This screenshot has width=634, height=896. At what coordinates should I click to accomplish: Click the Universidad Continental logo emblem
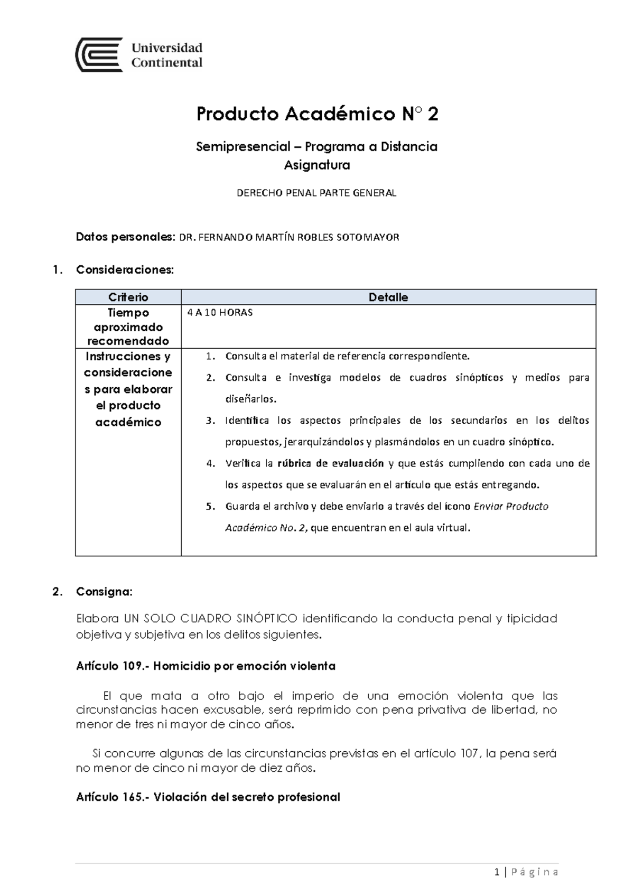tap(99, 54)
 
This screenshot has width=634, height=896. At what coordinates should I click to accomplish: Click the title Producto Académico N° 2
tap(317, 114)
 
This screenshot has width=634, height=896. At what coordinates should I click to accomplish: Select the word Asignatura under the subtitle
tap(317, 165)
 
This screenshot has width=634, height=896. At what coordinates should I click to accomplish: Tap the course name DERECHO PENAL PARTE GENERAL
tap(316, 193)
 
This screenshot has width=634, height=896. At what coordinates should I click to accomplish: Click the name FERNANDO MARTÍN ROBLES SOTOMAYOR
tap(290, 237)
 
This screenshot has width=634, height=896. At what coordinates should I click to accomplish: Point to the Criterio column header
tap(128, 297)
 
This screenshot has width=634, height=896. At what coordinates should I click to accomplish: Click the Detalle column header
tap(388, 297)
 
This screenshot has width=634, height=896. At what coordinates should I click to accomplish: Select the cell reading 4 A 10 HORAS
tap(220, 312)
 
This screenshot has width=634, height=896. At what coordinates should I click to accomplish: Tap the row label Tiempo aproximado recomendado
tap(128, 326)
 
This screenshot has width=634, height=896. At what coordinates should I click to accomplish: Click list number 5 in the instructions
tap(210, 506)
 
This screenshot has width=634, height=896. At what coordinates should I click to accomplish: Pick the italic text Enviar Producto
tap(511, 506)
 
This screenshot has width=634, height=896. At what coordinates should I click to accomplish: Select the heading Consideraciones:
tap(125, 269)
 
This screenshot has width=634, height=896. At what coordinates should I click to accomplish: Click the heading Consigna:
tap(104, 591)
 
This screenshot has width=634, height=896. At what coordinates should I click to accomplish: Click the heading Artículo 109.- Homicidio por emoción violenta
tap(206, 666)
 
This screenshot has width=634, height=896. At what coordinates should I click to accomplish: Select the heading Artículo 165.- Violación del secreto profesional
tap(208, 797)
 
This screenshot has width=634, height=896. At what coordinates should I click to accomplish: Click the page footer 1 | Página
tap(526, 872)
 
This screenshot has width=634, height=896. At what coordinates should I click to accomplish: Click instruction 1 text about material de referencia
tap(347, 356)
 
